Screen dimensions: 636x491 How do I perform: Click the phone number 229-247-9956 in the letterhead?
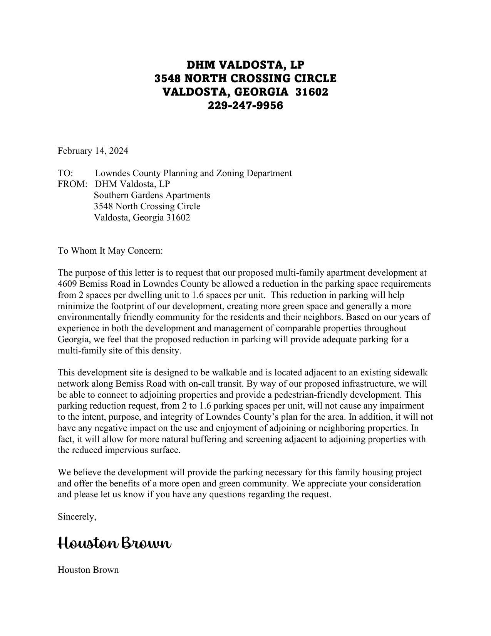(245, 105)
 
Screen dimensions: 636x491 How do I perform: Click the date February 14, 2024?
(93, 151)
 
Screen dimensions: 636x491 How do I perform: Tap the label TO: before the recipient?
(65, 173)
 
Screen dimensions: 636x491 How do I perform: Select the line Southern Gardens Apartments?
(152, 195)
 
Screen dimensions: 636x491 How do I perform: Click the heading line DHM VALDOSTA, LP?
(245, 65)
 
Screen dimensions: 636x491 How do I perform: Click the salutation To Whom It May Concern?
(111, 251)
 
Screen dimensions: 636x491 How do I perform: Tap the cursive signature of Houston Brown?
(114, 543)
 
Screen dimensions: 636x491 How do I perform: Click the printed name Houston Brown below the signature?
(88, 570)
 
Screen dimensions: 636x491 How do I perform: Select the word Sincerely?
(77, 517)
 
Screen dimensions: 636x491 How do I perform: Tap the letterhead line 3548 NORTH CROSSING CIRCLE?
(245, 78)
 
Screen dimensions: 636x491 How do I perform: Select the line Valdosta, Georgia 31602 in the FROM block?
(142, 217)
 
